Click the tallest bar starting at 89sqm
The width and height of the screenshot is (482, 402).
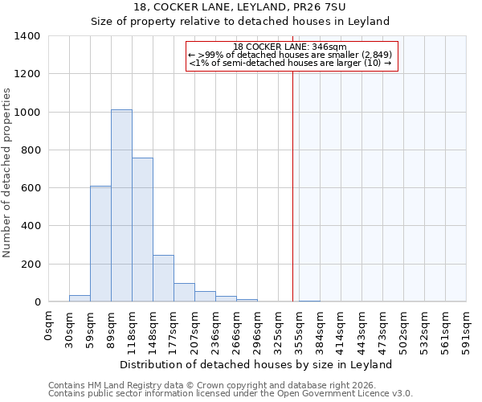121,206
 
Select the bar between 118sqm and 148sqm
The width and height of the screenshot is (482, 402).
142,230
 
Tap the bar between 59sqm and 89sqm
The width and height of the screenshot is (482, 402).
100,244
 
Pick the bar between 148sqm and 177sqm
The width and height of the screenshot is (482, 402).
163,278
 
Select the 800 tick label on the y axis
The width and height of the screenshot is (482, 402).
31,150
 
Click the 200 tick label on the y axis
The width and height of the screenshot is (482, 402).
31,264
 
